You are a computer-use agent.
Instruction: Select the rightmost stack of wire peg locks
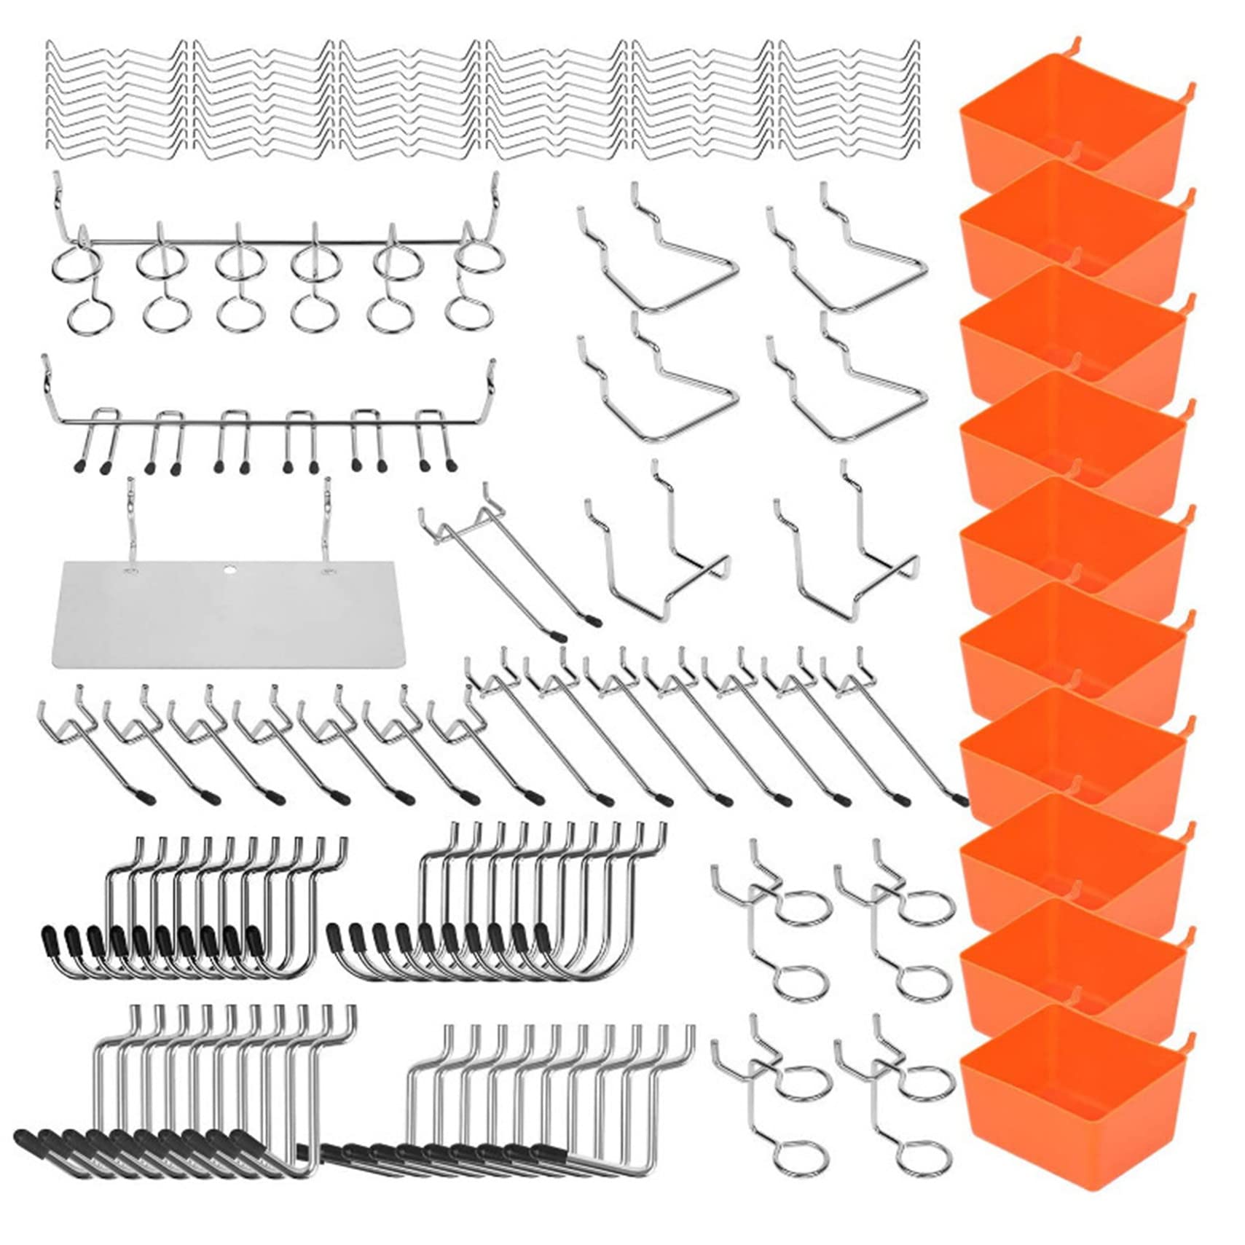coord(849,101)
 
